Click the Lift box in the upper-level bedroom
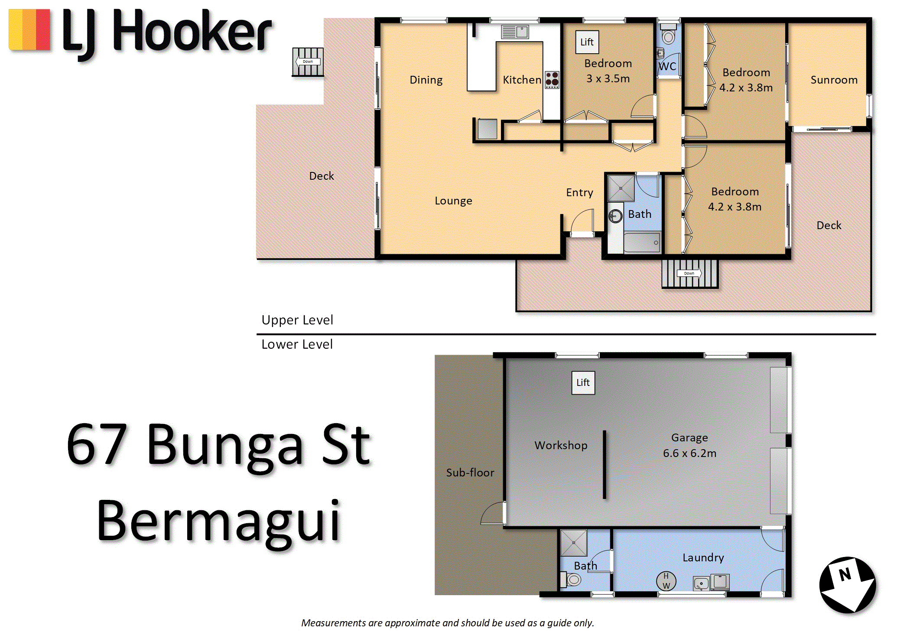point(587,42)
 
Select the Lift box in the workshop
point(583,382)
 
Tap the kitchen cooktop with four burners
point(552,80)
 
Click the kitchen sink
point(515,32)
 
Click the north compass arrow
point(848,585)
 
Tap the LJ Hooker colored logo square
point(30,30)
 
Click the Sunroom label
point(834,80)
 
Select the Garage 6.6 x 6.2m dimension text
point(689,453)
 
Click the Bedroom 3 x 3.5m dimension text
point(608,78)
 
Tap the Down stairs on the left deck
point(308,62)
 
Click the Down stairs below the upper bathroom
point(689,274)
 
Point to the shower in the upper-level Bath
point(621,188)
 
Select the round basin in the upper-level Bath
point(615,216)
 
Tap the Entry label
point(579,193)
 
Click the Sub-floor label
point(470,473)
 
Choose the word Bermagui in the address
point(219,522)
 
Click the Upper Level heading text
point(297,320)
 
